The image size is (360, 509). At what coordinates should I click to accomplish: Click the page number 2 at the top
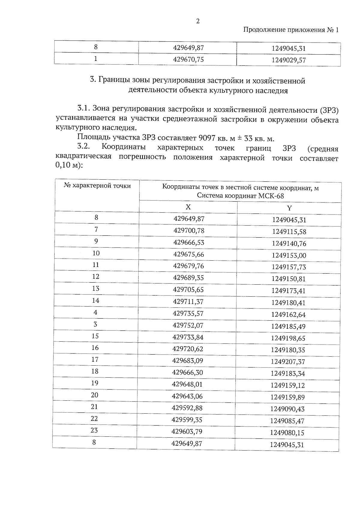[198, 21]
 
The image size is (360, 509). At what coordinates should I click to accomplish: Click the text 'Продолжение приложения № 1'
[290, 30]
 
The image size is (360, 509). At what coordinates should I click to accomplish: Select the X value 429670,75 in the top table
[188, 59]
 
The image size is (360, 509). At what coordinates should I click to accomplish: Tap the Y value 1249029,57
[289, 60]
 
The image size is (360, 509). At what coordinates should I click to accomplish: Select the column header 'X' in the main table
[188, 207]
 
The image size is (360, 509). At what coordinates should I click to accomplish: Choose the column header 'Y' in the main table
[289, 208]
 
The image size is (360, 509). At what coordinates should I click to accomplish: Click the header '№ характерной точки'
[97, 186]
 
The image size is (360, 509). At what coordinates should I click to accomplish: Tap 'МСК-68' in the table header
[271, 196]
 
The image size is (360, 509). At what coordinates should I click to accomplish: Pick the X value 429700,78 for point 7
[189, 230]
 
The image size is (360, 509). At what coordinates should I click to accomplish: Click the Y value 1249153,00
[289, 255]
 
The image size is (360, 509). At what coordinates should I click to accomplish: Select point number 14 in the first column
[95, 300]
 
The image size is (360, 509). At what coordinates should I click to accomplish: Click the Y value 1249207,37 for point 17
[288, 362]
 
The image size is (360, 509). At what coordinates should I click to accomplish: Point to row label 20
[94, 395]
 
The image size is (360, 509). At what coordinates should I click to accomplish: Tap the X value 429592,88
[187, 408]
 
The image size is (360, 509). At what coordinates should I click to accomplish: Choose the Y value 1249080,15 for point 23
[287, 433]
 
